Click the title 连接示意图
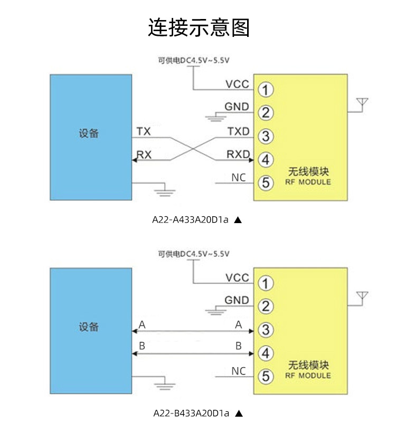[199, 27]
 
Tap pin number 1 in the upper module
[266, 90]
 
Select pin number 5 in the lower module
[266, 376]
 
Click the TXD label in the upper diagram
[239, 131]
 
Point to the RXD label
[238, 154]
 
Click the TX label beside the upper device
[144, 131]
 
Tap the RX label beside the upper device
[144, 155]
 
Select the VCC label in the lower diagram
[237, 277]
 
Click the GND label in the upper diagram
[237, 107]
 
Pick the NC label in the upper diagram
[239, 178]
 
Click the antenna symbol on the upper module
[362, 104]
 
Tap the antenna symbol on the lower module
[362, 298]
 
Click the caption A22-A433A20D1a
[190, 219]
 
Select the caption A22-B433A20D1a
[191, 413]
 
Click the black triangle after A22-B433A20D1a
[239, 414]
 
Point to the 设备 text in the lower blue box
[89, 327]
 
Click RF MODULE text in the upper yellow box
[308, 182]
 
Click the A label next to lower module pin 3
[239, 325]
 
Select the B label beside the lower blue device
[142, 345]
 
